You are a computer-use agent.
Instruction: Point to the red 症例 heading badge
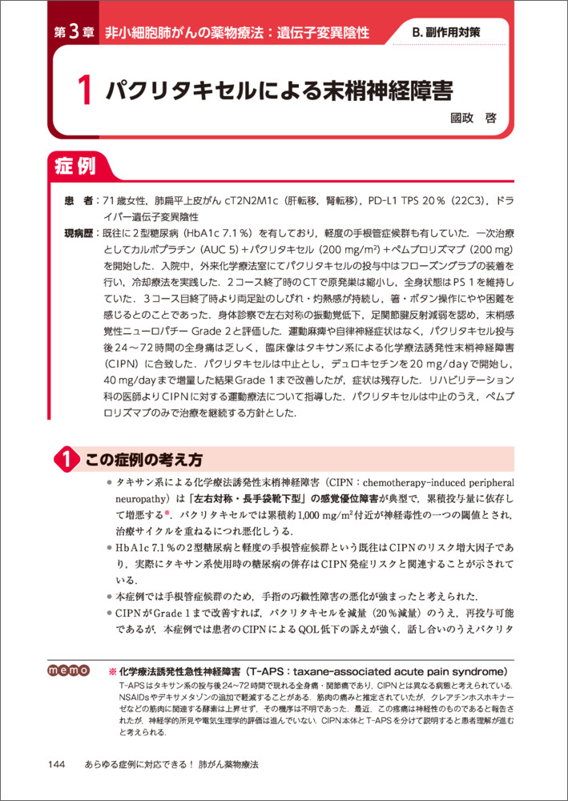76,167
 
